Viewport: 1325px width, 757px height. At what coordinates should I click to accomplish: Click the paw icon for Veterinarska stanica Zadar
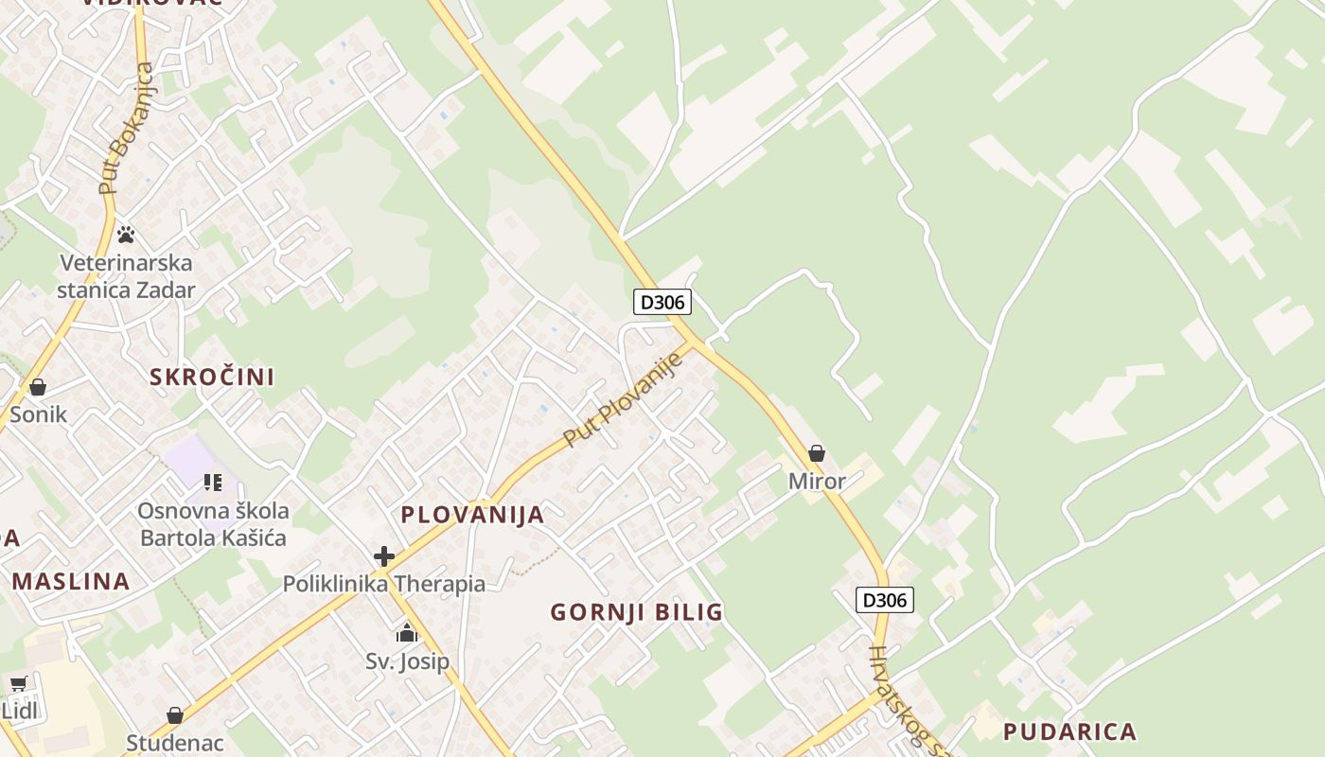coord(126,234)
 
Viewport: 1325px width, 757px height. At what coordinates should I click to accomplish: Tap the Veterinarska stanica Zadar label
coord(125,276)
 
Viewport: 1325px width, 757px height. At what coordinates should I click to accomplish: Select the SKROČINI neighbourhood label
coord(212,377)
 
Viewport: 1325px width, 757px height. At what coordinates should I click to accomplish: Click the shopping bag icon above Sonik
coord(38,387)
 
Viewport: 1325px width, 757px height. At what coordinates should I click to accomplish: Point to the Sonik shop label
coord(38,414)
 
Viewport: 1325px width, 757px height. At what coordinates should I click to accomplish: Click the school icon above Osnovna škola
coord(213,483)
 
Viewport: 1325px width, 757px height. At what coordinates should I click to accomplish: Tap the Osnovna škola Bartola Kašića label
coord(213,524)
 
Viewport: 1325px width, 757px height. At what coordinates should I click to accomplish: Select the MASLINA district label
coord(71,581)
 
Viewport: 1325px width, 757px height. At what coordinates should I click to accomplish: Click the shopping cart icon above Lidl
coord(18,683)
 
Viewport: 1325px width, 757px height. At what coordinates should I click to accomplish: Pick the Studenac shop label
coord(175,742)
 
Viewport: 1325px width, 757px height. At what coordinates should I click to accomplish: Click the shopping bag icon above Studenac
coord(175,715)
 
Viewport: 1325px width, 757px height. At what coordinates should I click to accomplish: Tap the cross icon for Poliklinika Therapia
coord(383,556)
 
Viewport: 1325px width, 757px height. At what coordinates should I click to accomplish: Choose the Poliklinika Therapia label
coord(384,584)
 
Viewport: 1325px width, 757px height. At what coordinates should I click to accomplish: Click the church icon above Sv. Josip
coord(407,633)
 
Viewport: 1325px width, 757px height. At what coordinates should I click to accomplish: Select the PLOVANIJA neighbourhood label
coord(472,515)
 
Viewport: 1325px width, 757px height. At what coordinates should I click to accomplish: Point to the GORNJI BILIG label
coord(636,612)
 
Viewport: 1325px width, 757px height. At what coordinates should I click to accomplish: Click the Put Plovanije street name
coord(622,399)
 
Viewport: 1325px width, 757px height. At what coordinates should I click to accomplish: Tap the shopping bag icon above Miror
coord(817,454)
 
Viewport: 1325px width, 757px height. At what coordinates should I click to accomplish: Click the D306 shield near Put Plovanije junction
coord(662,302)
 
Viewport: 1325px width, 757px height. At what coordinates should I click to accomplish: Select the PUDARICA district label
coord(1069,731)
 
